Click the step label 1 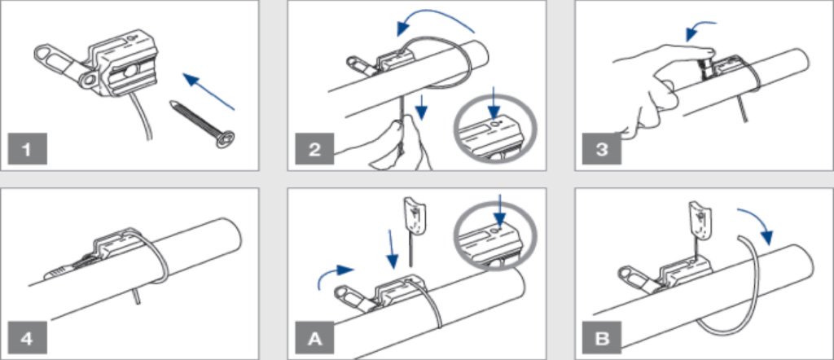(27, 148)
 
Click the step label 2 (314, 148)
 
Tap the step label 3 (602, 148)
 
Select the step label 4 (27, 338)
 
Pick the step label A (314, 338)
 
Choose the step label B (602, 338)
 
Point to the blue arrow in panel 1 (208, 91)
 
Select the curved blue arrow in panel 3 (700, 30)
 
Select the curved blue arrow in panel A (335, 276)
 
